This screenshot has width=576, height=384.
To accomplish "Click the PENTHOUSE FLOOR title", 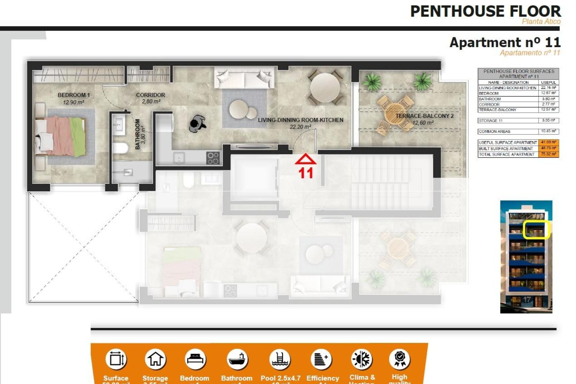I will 485,11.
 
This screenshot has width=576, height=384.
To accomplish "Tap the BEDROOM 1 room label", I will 73,95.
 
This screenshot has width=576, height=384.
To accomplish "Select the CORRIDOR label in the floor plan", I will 150,95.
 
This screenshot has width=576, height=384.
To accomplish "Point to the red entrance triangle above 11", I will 305,159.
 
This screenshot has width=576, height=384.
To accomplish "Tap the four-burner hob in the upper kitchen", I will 213,158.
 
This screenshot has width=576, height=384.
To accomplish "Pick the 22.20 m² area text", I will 300,127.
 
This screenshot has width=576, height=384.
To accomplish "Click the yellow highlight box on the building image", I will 536,230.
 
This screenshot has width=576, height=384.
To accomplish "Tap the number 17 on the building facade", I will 526,299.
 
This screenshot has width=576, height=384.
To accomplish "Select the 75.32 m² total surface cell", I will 548,154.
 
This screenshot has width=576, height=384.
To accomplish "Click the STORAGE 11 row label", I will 490,121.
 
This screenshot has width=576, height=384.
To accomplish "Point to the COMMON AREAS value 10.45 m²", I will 548,131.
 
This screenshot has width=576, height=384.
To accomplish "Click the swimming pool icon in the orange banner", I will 280,359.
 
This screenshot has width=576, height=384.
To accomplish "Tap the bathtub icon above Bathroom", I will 237,359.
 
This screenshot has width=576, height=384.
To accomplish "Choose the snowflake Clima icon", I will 362,359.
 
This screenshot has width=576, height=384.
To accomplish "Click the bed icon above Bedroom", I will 195,359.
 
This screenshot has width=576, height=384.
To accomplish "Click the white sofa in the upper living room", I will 244,77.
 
